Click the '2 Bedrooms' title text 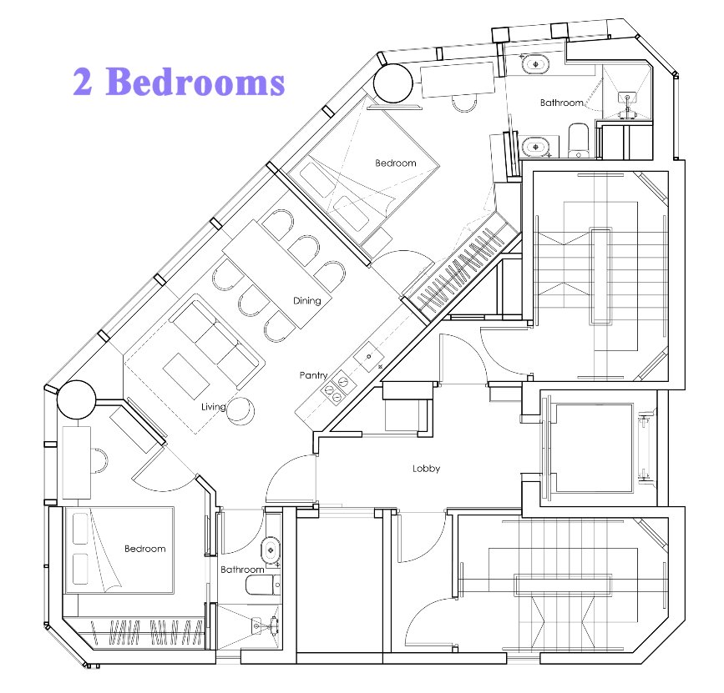click(x=179, y=81)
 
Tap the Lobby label click(x=426, y=469)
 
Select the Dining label click(x=307, y=300)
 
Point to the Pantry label click(x=313, y=375)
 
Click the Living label click(x=213, y=407)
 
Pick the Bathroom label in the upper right click(x=562, y=103)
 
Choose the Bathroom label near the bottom click(x=242, y=570)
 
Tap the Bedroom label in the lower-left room click(x=145, y=549)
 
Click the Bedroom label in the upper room click(x=396, y=163)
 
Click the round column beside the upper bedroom click(x=392, y=83)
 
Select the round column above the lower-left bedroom click(x=76, y=399)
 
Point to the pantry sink click(x=369, y=357)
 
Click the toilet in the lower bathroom click(x=263, y=585)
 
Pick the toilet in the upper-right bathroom click(x=578, y=140)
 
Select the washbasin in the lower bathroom click(x=271, y=550)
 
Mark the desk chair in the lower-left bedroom click(x=99, y=460)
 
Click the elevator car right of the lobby click(x=595, y=448)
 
